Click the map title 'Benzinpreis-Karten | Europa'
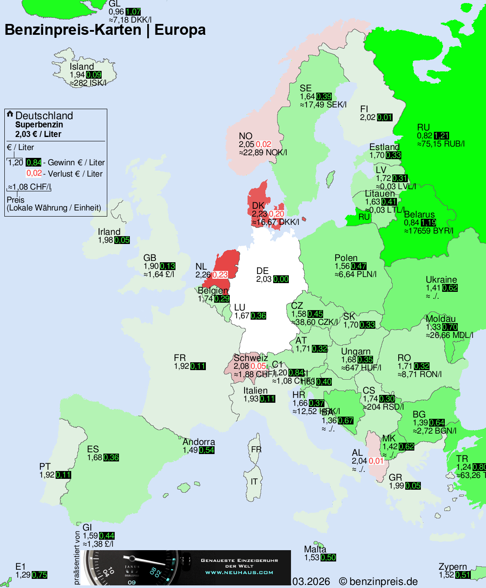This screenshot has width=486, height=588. [105, 30]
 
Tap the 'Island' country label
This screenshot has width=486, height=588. [82, 67]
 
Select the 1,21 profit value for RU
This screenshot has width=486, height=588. [441, 136]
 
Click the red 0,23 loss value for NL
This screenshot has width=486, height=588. [220, 275]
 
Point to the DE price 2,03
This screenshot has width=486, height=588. [264, 279]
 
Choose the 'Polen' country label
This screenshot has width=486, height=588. [346, 258]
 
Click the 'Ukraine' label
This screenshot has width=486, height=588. [441, 280]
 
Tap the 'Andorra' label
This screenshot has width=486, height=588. [198, 442]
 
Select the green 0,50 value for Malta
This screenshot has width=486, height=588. [328, 558]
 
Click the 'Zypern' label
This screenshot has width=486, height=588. [453, 567]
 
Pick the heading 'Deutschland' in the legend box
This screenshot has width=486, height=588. [44, 116]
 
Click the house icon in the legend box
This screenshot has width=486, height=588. [10, 114]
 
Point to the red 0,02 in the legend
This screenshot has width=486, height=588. [34, 173]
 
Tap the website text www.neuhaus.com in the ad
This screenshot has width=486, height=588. [239, 572]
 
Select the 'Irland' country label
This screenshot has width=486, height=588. [109, 232]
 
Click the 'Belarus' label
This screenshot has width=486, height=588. [419, 214]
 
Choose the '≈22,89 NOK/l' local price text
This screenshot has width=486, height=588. [263, 153]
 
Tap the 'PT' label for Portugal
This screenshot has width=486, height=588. [45, 467]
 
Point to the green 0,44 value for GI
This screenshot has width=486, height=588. [107, 536]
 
